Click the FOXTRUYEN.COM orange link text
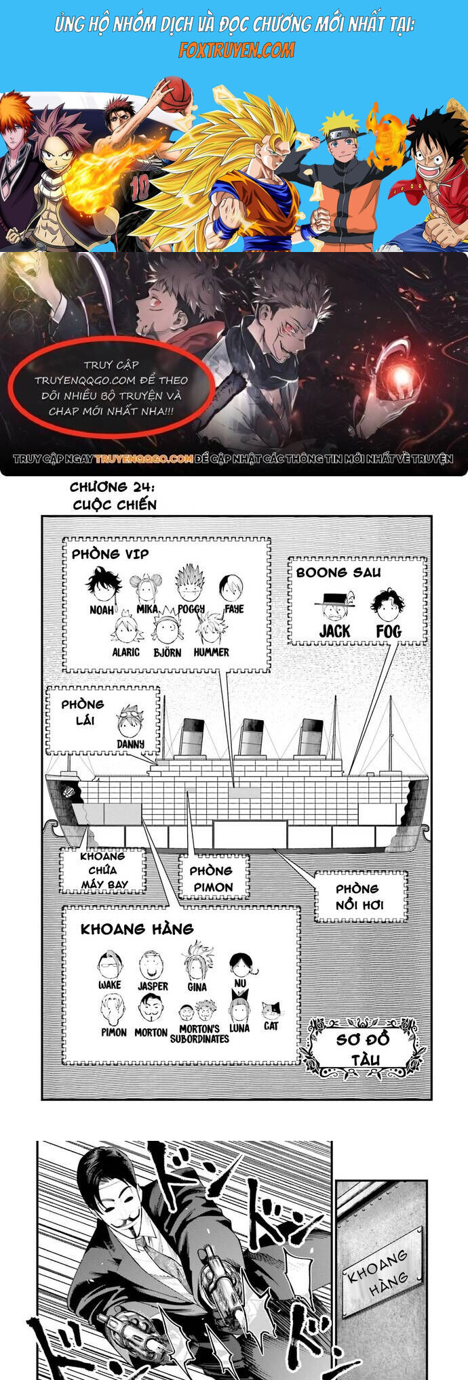tap(237, 49)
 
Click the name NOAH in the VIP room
tap(102, 610)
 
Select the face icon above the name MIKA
tap(147, 587)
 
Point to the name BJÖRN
tap(167, 652)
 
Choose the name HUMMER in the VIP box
tap(211, 652)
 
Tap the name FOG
tap(389, 631)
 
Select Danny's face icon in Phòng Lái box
tap(129, 722)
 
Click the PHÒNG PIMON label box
tap(212, 879)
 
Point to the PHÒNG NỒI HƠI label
tap(359, 896)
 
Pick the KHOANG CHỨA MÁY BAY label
tap(103, 871)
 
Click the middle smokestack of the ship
tap(251, 737)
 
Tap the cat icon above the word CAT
tap(271, 1010)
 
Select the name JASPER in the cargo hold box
tap(153, 986)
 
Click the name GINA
tap(197, 986)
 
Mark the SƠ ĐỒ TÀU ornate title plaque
tap(365, 1048)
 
